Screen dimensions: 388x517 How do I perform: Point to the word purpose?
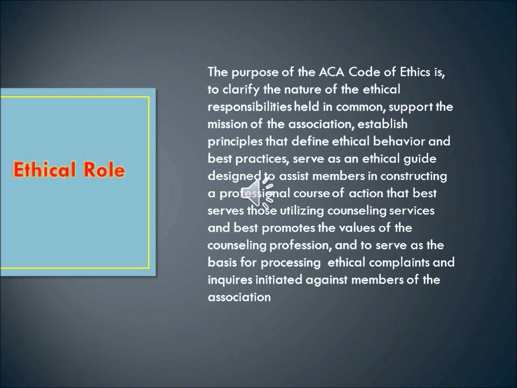pyautogui.click(x=248, y=72)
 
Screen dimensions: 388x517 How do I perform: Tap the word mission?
pyautogui.click(x=225, y=124)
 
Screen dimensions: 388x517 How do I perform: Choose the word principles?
pyautogui.click(x=235, y=142)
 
